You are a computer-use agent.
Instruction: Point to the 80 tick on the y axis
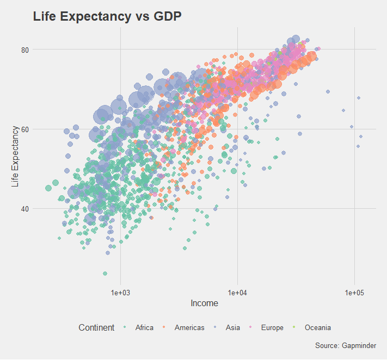[x=24, y=49]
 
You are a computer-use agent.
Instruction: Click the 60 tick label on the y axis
[x=24, y=129]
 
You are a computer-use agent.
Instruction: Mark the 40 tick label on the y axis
[x=24, y=208]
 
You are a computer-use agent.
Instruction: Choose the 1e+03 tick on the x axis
[x=120, y=293]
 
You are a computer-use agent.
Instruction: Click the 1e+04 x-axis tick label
[x=237, y=293]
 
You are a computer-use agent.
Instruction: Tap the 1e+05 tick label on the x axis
[x=354, y=293]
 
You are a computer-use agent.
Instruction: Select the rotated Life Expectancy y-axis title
[x=16, y=157]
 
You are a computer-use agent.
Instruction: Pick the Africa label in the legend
[x=144, y=327]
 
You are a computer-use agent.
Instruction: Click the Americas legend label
[x=189, y=327]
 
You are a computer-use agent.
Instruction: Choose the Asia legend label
[x=233, y=327]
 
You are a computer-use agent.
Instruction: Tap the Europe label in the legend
[x=272, y=327]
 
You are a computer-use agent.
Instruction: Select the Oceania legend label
[x=318, y=327]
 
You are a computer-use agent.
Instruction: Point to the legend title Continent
[x=96, y=327]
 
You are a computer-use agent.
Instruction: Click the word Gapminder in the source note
[x=360, y=346]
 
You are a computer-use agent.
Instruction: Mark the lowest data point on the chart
[x=105, y=274]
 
